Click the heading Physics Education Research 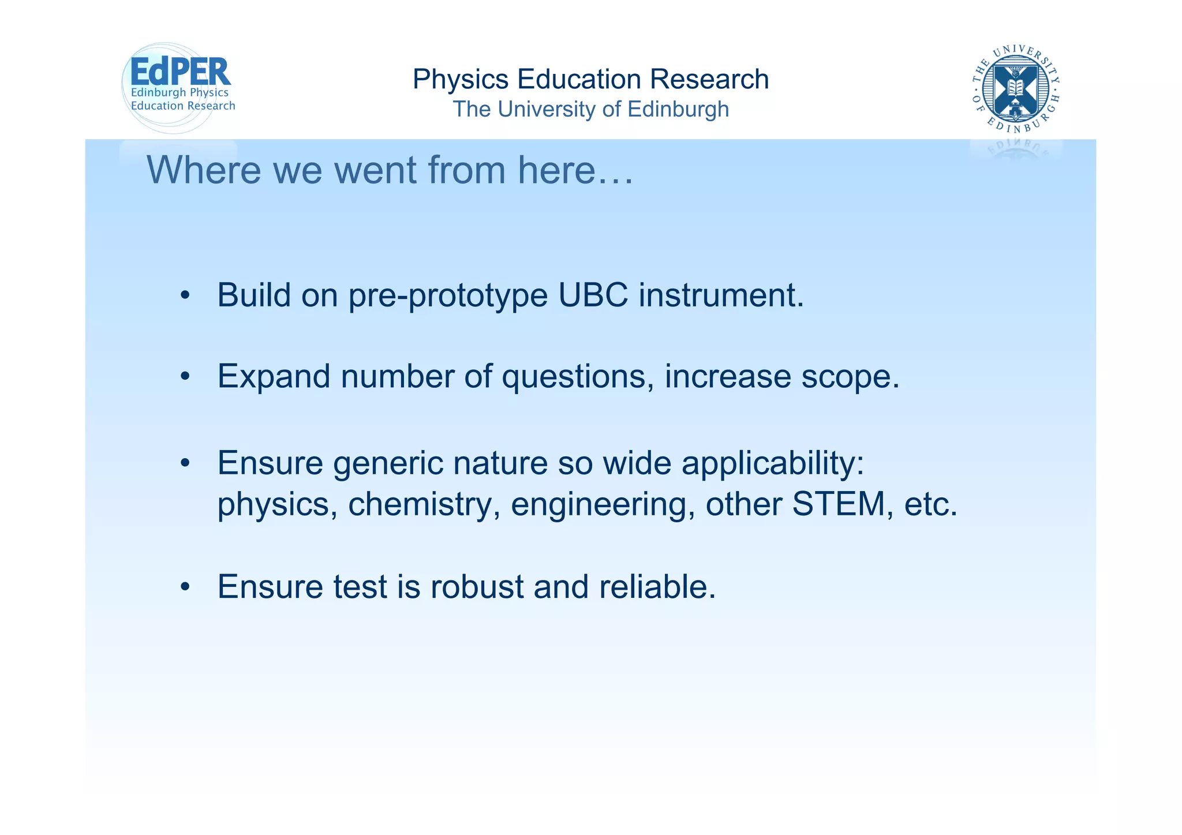pos(590,79)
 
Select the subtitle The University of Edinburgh pos(590,109)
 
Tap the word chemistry pos(424,504)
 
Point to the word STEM pos(839,504)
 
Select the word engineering pos(603,505)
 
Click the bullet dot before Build pos(185,296)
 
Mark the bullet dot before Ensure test pos(185,587)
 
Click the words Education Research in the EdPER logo pos(183,106)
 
